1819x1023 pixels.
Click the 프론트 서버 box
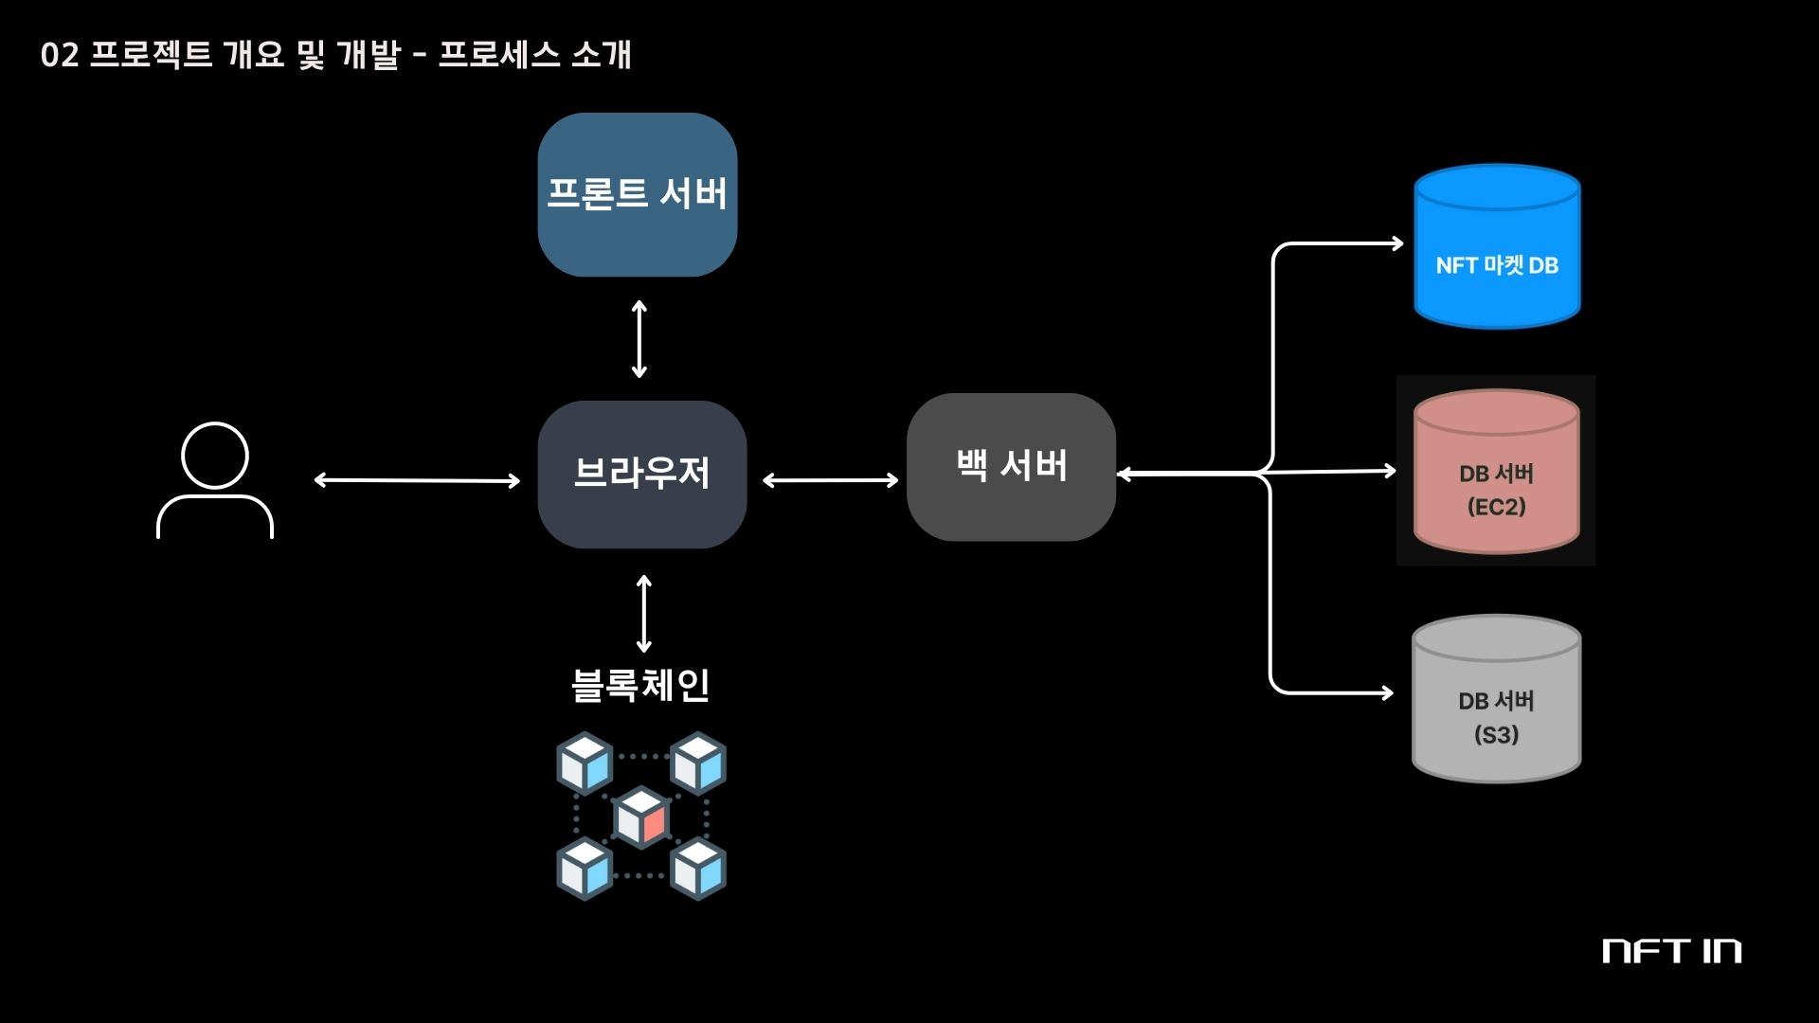pos(637,194)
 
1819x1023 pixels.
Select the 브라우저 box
pos(641,474)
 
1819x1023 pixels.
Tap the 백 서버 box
pos(1011,466)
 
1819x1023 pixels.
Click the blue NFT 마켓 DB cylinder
pos(1497,248)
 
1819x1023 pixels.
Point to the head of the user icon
pos(215,455)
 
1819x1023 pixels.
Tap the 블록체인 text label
pos(640,685)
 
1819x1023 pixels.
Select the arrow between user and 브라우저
pos(417,480)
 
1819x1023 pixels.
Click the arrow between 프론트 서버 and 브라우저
pos(639,338)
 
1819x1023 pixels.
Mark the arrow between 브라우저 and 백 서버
pos(830,480)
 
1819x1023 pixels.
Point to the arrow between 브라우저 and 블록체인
pos(644,614)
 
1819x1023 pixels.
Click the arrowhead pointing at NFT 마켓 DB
pos(1396,243)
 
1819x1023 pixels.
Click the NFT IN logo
pos(1671,951)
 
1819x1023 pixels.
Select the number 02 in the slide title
pos(59,55)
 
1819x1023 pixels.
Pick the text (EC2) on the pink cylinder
pos(1496,507)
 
